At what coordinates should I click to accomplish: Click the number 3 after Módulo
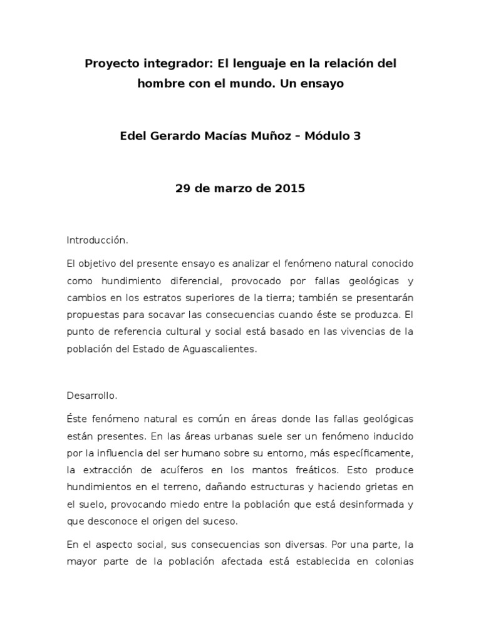click(357, 136)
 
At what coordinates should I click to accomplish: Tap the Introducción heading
click(97, 240)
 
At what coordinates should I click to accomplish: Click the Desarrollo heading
click(91, 395)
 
